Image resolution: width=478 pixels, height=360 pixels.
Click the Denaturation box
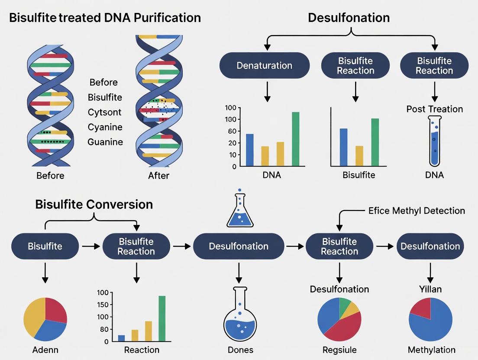(265, 66)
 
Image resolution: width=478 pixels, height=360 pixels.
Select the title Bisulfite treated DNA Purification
(105, 18)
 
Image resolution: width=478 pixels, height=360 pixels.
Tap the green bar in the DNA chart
(295, 138)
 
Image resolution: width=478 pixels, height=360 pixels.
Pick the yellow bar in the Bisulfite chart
(359, 156)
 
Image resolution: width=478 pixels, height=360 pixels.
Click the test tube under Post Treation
(434, 141)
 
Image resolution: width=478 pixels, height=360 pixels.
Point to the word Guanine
(105, 142)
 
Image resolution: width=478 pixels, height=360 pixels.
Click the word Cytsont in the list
(104, 112)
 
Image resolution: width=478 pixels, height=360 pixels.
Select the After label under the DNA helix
(158, 176)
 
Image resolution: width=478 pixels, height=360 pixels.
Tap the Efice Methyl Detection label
(417, 211)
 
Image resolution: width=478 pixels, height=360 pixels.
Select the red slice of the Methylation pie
(421, 308)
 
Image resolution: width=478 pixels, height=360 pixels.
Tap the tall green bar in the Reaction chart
(162, 318)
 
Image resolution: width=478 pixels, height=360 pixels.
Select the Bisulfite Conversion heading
(94, 204)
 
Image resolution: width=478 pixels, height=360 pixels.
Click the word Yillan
(430, 289)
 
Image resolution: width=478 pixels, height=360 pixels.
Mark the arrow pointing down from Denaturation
(267, 92)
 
